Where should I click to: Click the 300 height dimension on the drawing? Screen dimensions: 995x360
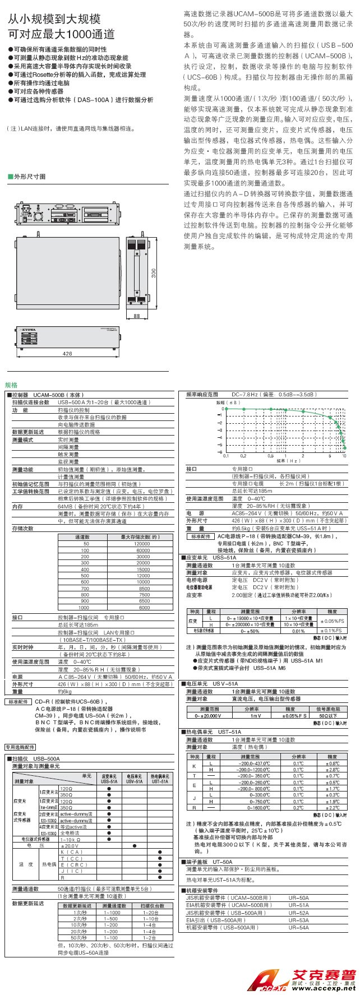153,273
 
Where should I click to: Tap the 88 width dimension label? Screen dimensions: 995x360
136,317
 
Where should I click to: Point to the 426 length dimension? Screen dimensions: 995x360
67,354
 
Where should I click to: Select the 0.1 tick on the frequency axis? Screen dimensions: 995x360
226,456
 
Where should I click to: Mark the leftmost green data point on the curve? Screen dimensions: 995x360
226,409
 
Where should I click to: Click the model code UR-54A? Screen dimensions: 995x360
299,928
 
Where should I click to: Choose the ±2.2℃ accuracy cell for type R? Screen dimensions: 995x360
332,808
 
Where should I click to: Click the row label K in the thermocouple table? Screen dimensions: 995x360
194,766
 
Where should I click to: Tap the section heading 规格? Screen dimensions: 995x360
12,386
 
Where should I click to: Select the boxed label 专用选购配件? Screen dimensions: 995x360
21,747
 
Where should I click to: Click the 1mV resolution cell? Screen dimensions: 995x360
255,716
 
